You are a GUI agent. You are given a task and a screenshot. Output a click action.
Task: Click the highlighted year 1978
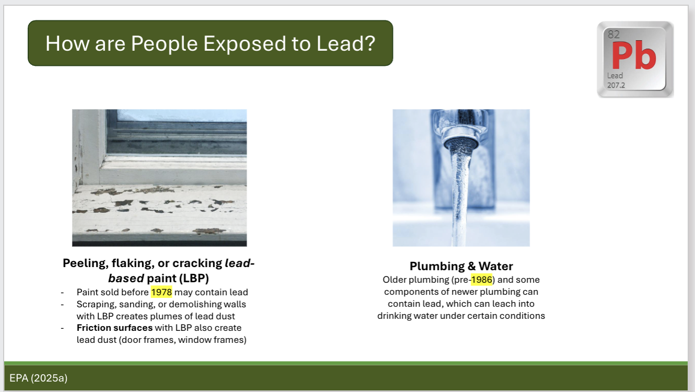tap(161, 292)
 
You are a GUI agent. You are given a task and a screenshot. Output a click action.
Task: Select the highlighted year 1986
tap(481, 280)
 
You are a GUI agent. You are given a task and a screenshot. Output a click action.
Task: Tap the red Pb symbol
tap(633, 56)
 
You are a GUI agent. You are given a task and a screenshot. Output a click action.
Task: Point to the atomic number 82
tap(614, 35)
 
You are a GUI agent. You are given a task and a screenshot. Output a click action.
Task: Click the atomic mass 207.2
tap(616, 85)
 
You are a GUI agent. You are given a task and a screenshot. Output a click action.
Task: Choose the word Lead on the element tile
tap(615, 76)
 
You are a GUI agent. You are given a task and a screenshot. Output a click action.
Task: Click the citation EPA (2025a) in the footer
tap(38, 378)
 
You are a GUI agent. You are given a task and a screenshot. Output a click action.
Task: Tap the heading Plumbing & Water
tap(461, 266)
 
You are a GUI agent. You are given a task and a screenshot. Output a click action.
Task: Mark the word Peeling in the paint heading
tap(84, 263)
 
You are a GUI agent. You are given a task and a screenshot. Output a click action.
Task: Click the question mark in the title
tap(370, 43)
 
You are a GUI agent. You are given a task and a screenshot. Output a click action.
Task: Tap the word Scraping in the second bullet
tap(96, 304)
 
